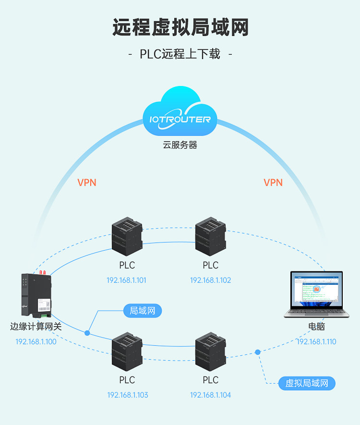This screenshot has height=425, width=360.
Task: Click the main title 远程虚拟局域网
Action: coord(180,27)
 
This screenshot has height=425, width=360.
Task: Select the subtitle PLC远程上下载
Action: coord(180,54)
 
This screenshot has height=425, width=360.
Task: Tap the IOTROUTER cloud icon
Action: coord(180,112)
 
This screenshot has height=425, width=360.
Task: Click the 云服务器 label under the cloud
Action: coord(180,145)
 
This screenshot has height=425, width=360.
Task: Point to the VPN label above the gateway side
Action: coord(87,182)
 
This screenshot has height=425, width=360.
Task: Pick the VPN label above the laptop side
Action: coord(273,182)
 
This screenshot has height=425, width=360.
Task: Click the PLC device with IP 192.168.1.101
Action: coord(127,236)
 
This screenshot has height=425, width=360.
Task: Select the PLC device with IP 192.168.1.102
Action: coord(210,236)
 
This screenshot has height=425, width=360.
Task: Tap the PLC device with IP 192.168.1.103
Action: coord(127,352)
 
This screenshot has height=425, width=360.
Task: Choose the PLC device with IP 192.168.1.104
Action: coord(210,352)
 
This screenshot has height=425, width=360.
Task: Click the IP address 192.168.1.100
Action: coord(36,341)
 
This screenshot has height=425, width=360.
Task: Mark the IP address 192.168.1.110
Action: coord(316,341)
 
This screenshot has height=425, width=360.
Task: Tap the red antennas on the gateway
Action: coord(43,272)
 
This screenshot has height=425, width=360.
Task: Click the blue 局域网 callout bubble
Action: coord(143,311)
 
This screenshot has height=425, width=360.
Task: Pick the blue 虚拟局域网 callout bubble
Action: coord(307,383)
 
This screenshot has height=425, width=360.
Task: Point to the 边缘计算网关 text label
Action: coord(36,327)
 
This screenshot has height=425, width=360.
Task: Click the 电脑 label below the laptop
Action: coord(316,327)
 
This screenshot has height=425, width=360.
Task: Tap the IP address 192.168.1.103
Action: coord(128,395)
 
